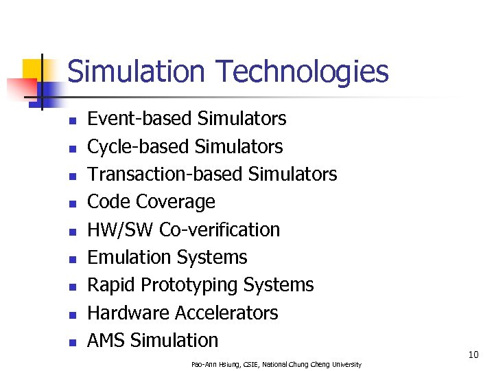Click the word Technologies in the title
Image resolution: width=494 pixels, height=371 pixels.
click(x=302, y=71)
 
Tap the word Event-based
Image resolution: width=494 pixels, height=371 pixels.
click(x=139, y=119)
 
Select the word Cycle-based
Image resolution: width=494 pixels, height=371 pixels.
click(x=138, y=146)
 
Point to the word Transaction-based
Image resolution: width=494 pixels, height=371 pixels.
click(x=165, y=174)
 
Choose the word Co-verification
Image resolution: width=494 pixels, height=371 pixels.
click(x=220, y=229)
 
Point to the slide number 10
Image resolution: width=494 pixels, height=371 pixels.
click(x=473, y=355)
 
